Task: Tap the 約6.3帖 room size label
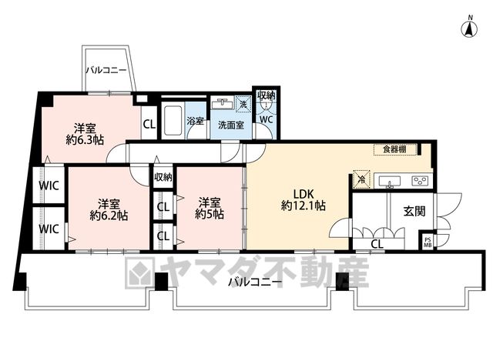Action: [85, 140]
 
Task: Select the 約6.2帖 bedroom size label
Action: [109, 216]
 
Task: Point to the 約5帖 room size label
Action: [210, 214]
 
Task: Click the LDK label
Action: [304, 193]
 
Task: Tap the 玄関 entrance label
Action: [414, 212]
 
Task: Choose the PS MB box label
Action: [428, 242]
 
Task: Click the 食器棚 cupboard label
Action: [394, 149]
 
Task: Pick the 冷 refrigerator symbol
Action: [361, 179]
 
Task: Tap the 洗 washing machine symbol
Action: [243, 104]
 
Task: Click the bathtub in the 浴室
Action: [173, 120]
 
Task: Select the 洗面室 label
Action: [231, 125]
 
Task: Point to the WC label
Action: [266, 120]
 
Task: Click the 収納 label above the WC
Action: [267, 95]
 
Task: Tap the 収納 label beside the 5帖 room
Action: [163, 177]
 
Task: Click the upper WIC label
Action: [49, 186]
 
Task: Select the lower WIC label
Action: [49, 229]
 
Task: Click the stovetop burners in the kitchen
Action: [419, 181]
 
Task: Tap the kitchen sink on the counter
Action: [390, 182]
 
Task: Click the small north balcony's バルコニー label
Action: [106, 70]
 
